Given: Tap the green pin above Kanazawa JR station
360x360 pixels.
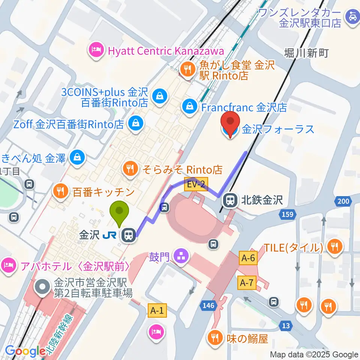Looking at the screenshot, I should pyautogui.click(x=119, y=212).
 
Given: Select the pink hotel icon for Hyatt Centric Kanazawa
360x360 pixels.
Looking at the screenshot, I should pyautogui.click(x=96, y=51).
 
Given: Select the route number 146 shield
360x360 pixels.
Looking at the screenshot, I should pyautogui.click(x=208, y=305).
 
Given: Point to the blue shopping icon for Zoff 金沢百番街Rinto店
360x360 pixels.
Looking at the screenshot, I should pyautogui.click(x=135, y=124).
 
